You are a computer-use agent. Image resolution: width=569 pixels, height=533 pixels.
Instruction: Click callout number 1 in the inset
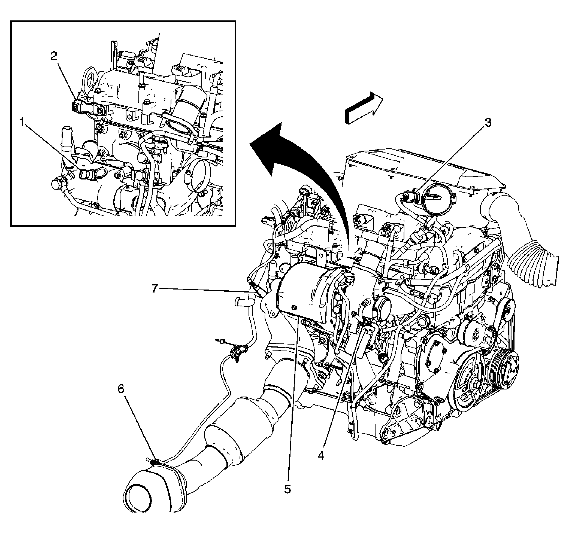tap(22, 123)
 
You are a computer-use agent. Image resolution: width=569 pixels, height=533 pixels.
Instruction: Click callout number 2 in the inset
tap(53, 56)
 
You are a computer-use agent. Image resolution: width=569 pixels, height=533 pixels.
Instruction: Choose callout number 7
tap(155, 289)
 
